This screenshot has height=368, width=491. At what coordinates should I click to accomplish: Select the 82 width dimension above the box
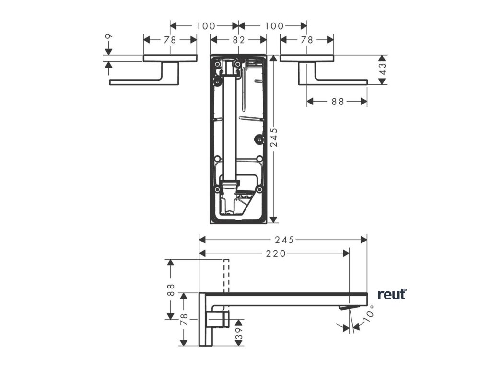tap(239, 40)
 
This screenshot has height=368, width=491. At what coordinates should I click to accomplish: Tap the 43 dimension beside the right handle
tap(382, 69)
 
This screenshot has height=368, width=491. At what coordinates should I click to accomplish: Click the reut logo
tap(392, 294)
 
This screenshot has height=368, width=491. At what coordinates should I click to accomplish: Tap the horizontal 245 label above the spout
tap(283, 239)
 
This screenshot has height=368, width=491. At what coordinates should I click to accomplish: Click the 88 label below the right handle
tap(338, 101)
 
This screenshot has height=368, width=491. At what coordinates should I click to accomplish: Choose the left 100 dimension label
tap(205, 26)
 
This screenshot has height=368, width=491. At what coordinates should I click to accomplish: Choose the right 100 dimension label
tap(274, 26)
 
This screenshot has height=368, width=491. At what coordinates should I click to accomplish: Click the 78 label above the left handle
tap(170, 40)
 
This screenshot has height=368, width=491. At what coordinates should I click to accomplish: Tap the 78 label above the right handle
tap(307, 40)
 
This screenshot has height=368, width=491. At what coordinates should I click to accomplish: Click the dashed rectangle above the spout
tap(226, 276)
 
